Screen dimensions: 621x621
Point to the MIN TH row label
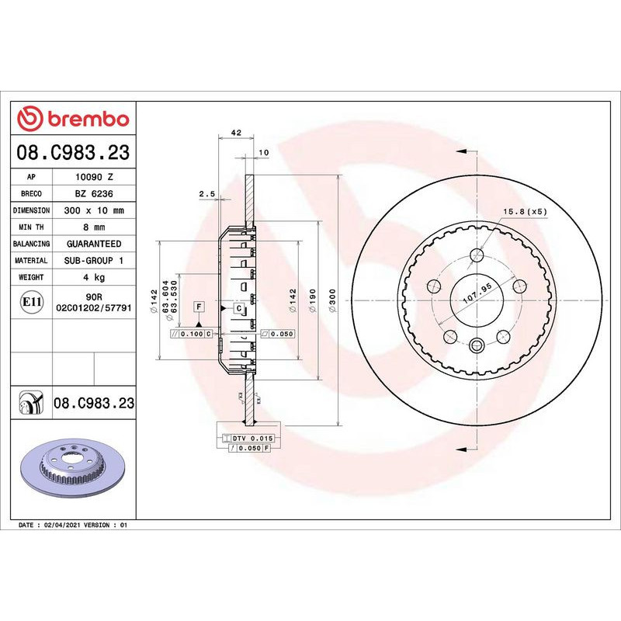(x=31, y=227)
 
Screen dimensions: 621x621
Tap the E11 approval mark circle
(x=32, y=302)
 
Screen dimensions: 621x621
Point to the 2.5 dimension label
(x=206, y=193)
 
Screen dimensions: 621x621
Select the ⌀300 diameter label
(x=332, y=300)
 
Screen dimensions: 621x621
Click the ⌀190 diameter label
(x=313, y=300)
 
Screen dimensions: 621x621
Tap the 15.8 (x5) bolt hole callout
(x=526, y=211)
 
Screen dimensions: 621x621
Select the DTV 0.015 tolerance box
(x=251, y=439)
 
